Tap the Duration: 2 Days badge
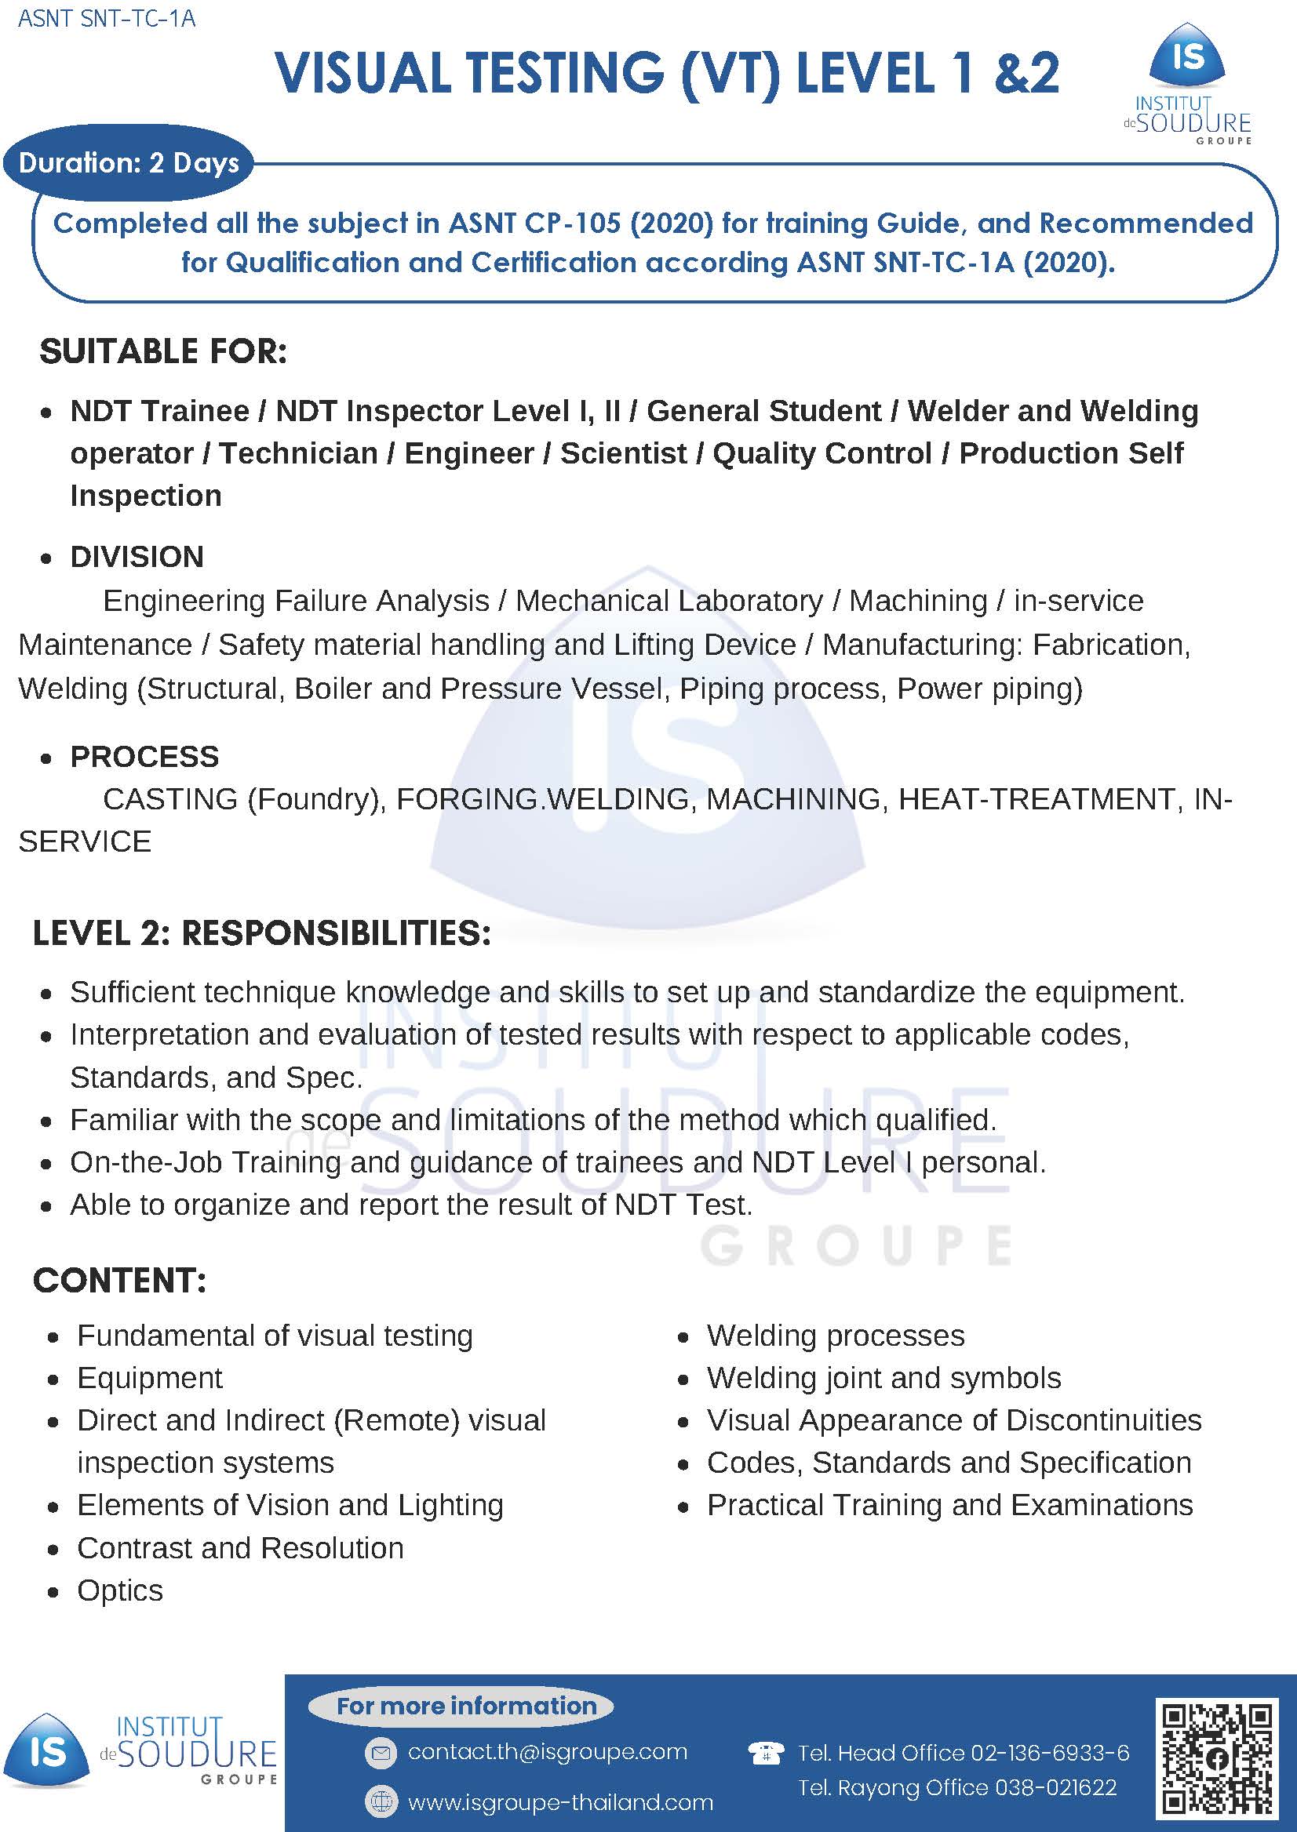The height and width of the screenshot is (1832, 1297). tap(129, 163)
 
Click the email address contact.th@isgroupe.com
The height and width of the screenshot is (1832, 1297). tap(547, 1751)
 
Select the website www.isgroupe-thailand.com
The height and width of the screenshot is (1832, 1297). tap(560, 1801)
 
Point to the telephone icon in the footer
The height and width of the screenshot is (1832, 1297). tap(765, 1753)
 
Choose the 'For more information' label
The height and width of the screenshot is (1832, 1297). tap(466, 1706)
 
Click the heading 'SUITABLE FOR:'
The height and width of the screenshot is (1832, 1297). tap(163, 352)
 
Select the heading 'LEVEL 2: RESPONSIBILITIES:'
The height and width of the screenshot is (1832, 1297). tap(262, 932)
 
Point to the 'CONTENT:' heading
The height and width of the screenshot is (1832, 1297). tap(120, 1281)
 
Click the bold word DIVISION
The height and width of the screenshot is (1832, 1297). tap(137, 556)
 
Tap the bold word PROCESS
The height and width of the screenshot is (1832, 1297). tap(144, 756)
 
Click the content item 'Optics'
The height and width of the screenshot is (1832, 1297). tap(120, 1590)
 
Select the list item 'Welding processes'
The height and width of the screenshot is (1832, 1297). tap(836, 1336)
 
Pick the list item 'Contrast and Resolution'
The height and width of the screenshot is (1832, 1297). tap(240, 1548)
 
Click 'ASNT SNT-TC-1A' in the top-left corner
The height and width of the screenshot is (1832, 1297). tap(106, 18)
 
